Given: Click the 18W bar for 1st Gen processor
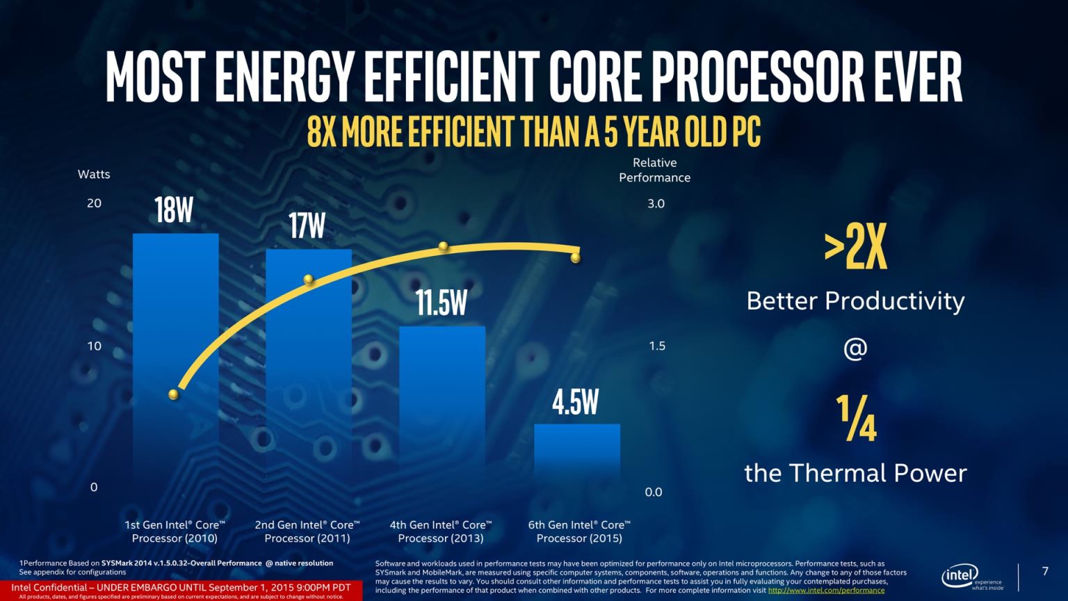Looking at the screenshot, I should click(x=175, y=348).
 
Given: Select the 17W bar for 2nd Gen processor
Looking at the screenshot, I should click(x=308, y=362).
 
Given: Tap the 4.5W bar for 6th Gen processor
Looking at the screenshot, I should click(x=576, y=452).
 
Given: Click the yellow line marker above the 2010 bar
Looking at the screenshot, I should click(x=174, y=394).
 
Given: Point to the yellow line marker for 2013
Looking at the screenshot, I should click(x=443, y=247).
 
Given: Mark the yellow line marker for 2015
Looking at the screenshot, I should click(x=575, y=258).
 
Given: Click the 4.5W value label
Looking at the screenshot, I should click(x=575, y=402).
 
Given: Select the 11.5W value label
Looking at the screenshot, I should click(x=442, y=303).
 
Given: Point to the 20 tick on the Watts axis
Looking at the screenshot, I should click(x=94, y=203).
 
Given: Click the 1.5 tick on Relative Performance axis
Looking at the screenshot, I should click(x=656, y=346).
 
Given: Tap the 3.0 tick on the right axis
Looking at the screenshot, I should click(x=656, y=204).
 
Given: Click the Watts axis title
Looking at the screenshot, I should click(x=94, y=174).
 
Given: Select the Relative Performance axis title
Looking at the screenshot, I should click(x=654, y=170).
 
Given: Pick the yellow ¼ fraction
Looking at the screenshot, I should click(x=856, y=418).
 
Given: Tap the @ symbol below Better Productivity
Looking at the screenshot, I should click(x=855, y=348).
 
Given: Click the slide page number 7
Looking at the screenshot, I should click(x=1044, y=571).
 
